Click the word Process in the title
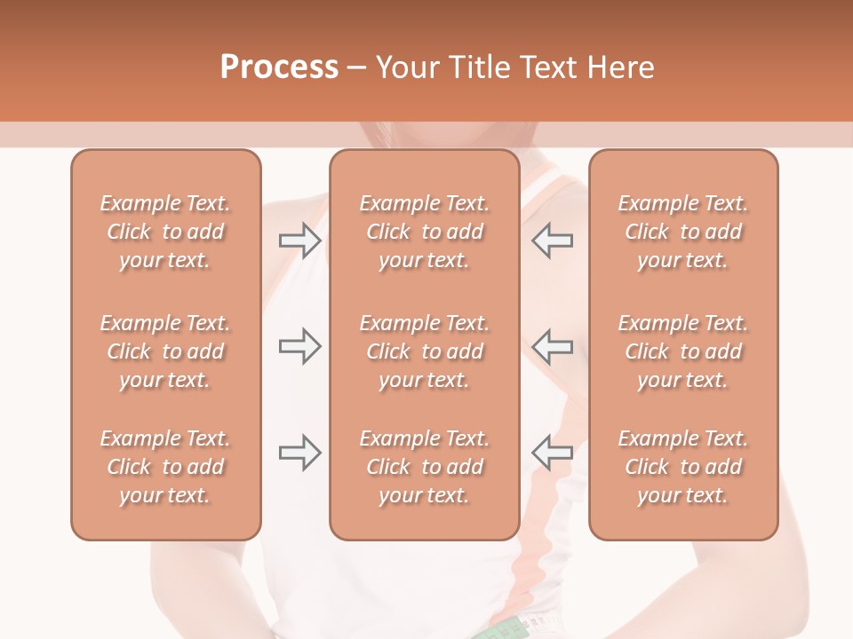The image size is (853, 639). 279,67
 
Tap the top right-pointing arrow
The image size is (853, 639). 299,241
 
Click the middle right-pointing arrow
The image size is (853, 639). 299,346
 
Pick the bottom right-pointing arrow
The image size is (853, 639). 299,453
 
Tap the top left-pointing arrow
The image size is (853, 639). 553,241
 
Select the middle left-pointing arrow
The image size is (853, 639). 553,346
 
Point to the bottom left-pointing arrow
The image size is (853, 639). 553,453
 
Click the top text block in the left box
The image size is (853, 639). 165,232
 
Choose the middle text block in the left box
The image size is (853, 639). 165,351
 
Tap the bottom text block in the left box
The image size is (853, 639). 165,467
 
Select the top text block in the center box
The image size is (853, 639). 424,232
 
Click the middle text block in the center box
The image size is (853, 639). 424,351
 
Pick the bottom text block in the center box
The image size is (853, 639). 424,467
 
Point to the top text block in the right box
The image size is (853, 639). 682,232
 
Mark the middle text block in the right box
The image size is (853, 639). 682,351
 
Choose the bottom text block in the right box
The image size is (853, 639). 682,467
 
